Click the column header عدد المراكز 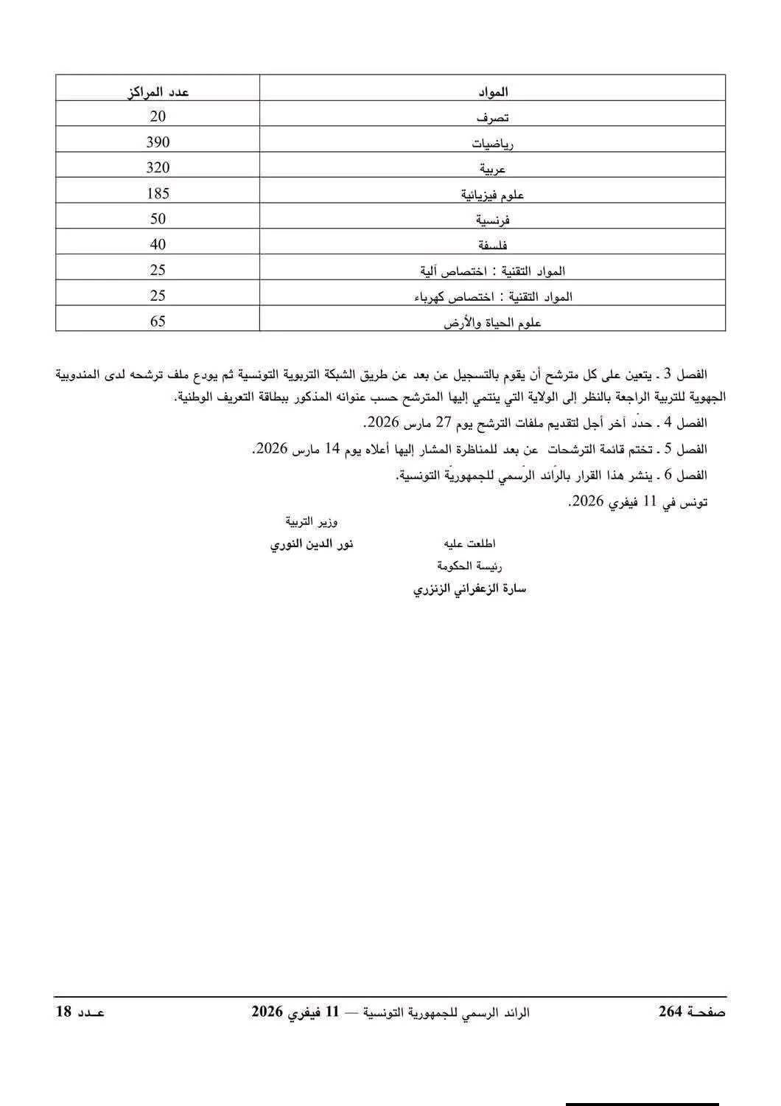(157, 91)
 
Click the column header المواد (493, 92)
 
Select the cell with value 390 (157, 142)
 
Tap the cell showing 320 (157, 167)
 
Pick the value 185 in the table (157, 193)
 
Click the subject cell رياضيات (493, 144)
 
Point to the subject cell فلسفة (493, 245)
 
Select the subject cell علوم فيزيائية (493, 195)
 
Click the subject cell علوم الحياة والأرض (493, 322)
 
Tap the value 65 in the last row (157, 321)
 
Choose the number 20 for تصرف (157, 116)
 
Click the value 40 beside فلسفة (157, 244)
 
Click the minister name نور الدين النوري (312, 544)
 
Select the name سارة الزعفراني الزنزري (469, 589)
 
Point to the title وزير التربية (312, 522)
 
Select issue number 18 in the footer (64, 1012)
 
